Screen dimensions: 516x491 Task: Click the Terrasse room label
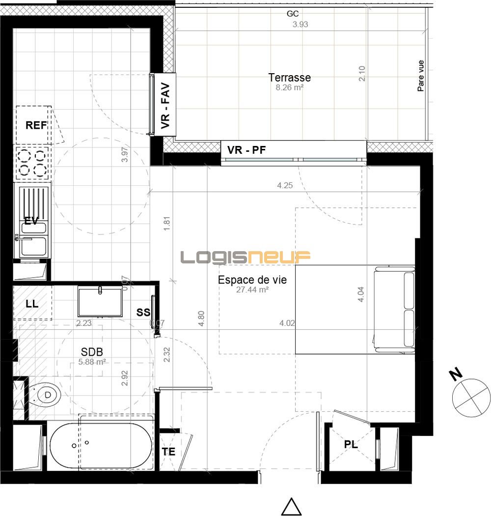click(289, 78)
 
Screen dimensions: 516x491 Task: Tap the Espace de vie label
click(252, 280)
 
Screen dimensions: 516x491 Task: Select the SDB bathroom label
click(92, 352)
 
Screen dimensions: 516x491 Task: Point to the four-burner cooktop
click(32, 163)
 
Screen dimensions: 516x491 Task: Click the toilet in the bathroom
click(45, 394)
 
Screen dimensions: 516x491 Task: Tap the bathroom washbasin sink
click(100, 302)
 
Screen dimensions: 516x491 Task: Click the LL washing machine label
click(32, 304)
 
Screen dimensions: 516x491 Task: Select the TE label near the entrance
click(168, 452)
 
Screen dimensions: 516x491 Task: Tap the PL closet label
click(351, 445)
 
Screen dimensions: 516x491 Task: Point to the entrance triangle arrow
click(291, 507)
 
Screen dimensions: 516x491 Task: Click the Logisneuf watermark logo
click(245, 257)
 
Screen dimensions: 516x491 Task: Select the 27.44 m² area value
click(252, 289)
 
